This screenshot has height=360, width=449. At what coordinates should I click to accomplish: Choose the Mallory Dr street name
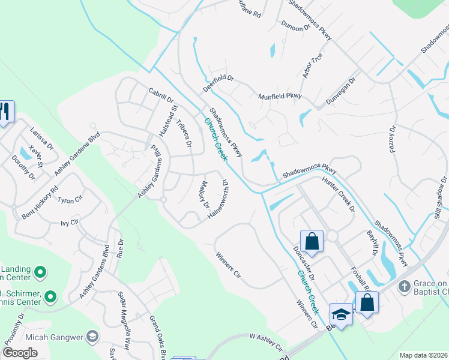coord(205,195)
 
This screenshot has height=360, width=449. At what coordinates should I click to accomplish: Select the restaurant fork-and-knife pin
coord(5,112)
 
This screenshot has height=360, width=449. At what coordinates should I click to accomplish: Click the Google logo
coord(20,353)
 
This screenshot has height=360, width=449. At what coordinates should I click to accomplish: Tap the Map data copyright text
coord(423,355)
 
